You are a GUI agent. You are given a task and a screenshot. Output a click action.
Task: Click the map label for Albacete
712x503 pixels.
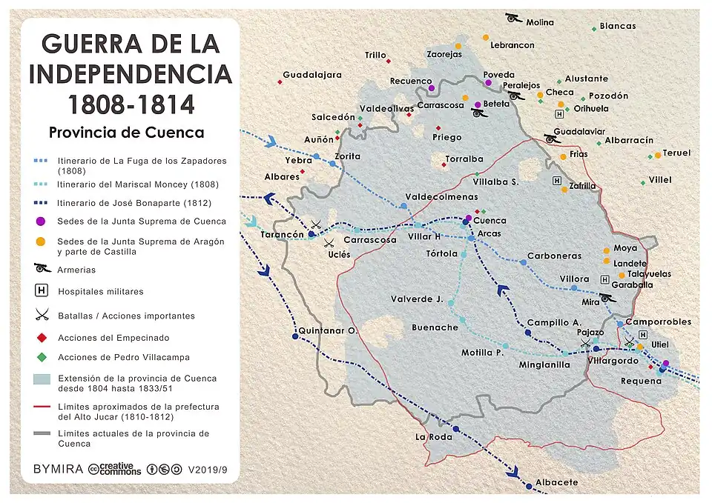point(556,482)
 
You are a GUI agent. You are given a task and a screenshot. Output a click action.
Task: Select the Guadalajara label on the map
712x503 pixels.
point(312,75)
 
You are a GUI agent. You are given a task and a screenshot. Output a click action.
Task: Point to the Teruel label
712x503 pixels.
point(676,153)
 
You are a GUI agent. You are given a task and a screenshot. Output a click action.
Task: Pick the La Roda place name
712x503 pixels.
point(432,437)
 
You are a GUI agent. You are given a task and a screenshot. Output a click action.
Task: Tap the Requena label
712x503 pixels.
point(642,381)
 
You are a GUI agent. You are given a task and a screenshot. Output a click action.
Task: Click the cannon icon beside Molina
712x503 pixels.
point(512,18)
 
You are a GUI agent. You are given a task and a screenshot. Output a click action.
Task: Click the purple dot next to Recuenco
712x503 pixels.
point(431,88)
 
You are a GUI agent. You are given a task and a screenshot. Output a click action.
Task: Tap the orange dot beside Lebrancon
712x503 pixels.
point(486,37)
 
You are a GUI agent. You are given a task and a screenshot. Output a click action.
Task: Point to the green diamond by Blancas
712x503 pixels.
point(594,29)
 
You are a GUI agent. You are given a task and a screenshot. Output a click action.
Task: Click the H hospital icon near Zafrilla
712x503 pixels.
point(556,181)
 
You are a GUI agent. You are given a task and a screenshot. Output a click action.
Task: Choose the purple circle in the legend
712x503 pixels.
point(42,221)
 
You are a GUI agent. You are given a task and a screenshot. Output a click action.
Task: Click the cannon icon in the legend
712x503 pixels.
point(42,268)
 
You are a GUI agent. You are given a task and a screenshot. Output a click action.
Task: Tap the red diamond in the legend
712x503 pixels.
point(42,338)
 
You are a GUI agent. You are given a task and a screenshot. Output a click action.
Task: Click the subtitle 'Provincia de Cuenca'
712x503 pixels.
point(126,133)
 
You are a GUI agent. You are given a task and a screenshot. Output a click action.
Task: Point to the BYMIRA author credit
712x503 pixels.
point(58,470)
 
